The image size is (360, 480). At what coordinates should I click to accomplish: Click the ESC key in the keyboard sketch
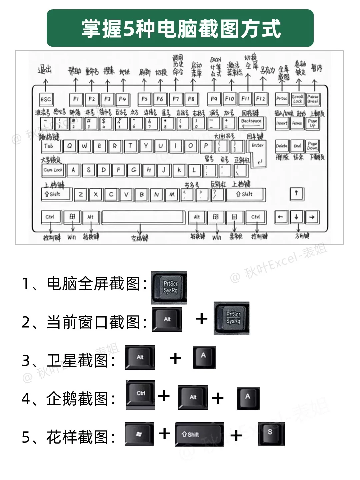(46, 99)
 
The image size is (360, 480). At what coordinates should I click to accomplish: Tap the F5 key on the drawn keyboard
(144, 99)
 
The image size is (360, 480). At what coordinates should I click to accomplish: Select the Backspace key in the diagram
(252, 123)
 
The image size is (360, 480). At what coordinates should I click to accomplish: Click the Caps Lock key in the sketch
(53, 170)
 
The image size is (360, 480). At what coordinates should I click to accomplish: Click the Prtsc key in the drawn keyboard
(282, 99)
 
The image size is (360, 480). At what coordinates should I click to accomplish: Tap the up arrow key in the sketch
(296, 193)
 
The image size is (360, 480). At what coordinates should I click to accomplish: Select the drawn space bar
(143, 217)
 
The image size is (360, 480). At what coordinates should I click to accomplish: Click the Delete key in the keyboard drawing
(282, 146)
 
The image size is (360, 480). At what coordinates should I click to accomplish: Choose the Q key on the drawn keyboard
(69, 146)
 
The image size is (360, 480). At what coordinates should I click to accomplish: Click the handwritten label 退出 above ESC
(45, 70)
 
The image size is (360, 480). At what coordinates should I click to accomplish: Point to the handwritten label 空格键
(140, 238)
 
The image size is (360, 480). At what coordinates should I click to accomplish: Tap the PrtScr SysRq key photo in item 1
(169, 287)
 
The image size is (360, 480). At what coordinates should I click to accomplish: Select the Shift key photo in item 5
(199, 434)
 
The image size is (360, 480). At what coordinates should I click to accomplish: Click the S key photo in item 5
(271, 434)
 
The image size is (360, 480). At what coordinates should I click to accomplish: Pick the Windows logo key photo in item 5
(139, 434)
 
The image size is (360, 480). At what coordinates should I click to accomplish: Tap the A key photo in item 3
(204, 357)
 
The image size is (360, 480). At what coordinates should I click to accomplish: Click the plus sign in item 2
(202, 319)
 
